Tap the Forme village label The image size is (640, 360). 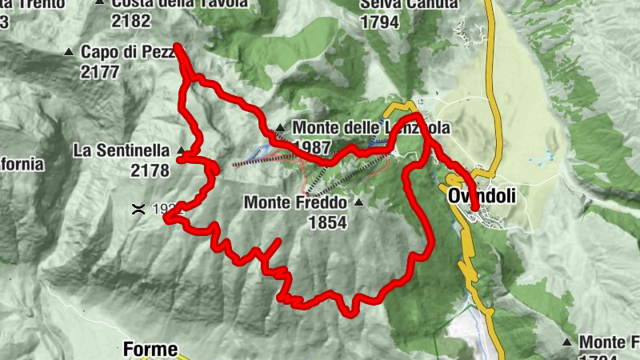pyautogui.click(x=149, y=349)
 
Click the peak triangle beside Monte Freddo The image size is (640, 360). pyautogui.click(x=358, y=202)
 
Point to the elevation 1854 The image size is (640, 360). pyautogui.click(x=327, y=222)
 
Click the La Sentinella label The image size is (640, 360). pyautogui.click(x=121, y=150)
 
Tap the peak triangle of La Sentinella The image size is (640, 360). pyautogui.click(x=181, y=150)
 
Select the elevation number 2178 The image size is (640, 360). pyautogui.click(x=149, y=170)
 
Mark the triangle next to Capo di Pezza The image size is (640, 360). pyautogui.click(x=69, y=53)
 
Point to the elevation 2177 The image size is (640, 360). pyautogui.click(x=99, y=72)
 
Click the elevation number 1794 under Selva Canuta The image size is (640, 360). pyautogui.click(x=379, y=22)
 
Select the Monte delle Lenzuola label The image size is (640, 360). pyautogui.click(x=371, y=128)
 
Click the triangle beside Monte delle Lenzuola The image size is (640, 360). pyautogui.click(x=280, y=128)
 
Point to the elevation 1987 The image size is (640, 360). pyautogui.click(x=311, y=146)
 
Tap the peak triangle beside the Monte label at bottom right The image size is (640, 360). pyautogui.click(x=567, y=342)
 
